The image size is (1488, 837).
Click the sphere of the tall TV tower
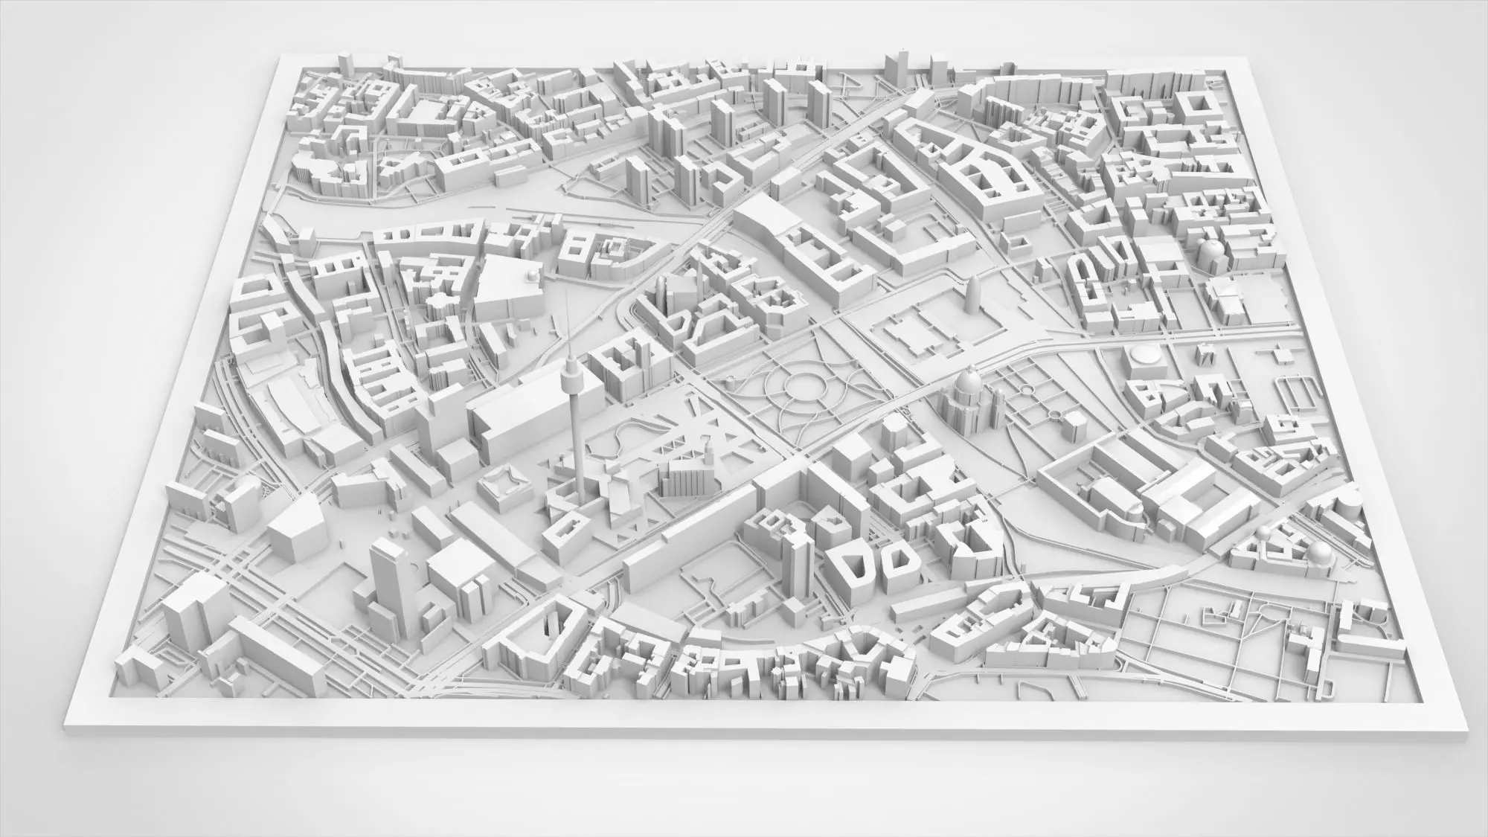click(571, 368)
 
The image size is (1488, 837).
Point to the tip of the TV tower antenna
click(565, 291)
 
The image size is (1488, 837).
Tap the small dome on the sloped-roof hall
click(533, 276)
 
